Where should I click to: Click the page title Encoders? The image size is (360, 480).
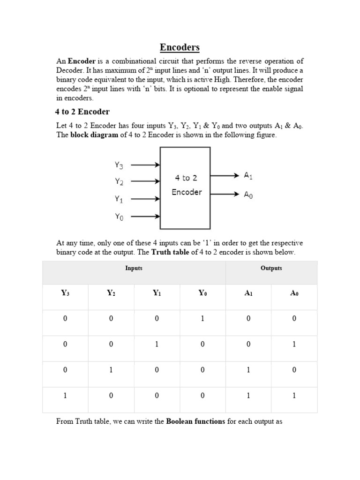pyautogui.click(x=180, y=47)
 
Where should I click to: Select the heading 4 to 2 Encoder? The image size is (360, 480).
pyautogui.click(x=82, y=112)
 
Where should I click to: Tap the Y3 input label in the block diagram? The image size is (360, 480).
pyautogui.click(x=119, y=165)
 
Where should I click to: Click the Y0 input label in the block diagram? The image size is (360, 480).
pyautogui.click(x=119, y=217)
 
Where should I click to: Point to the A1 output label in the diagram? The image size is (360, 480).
pyautogui.click(x=248, y=175)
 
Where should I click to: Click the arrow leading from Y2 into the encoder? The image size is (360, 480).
pyautogui.click(x=145, y=181)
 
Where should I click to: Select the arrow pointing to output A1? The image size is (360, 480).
pyautogui.click(x=225, y=175)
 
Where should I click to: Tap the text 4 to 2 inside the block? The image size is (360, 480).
pyautogui.click(x=186, y=178)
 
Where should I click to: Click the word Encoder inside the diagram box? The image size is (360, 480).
pyautogui.click(x=187, y=192)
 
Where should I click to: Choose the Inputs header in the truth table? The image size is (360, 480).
pyautogui.click(x=134, y=268)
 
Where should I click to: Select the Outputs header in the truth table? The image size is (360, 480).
pyautogui.click(x=271, y=268)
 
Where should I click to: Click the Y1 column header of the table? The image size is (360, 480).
pyautogui.click(x=157, y=293)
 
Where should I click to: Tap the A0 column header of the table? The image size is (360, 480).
pyautogui.click(x=294, y=293)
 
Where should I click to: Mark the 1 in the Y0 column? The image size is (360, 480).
pyautogui.click(x=202, y=319)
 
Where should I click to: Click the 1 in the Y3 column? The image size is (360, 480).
pyautogui.click(x=65, y=396)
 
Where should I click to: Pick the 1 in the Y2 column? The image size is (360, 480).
pyautogui.click(x=111, y=370)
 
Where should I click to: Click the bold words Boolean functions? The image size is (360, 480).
pyautogui.click(x=196, y=421)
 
